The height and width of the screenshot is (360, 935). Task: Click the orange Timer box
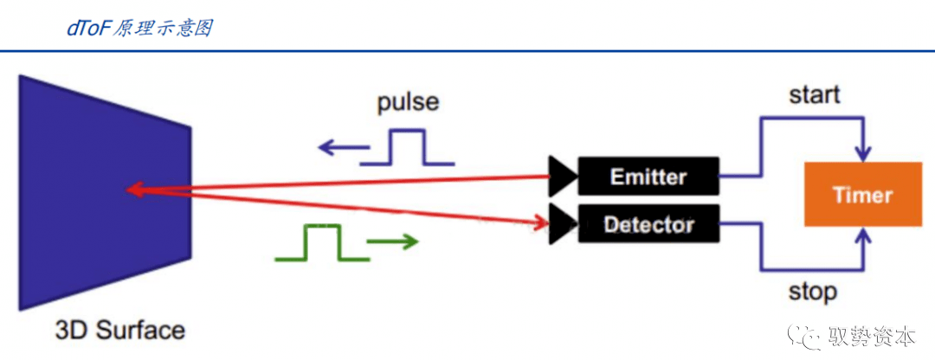[x=862, y=195]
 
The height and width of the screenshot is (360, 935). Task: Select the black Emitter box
[x=648, y=177]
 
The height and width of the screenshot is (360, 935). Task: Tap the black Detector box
[x=648, y=225]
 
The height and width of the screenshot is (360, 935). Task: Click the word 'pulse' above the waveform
[x=408, y=103]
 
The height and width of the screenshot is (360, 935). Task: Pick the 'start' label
[x=814, y=94]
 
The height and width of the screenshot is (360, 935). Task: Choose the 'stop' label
[x=812, y=291]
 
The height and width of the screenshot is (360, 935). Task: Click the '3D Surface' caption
[x=119, y=330]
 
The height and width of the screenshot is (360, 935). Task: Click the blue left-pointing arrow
[x=339, y=148]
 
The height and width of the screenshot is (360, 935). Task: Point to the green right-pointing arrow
[x=391, y=241]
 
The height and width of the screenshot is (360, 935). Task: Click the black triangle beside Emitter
[x=562, y=177]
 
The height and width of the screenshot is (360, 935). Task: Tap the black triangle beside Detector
[x=562, y=224]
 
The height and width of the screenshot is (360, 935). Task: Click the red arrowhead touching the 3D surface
[x=134, y=190]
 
